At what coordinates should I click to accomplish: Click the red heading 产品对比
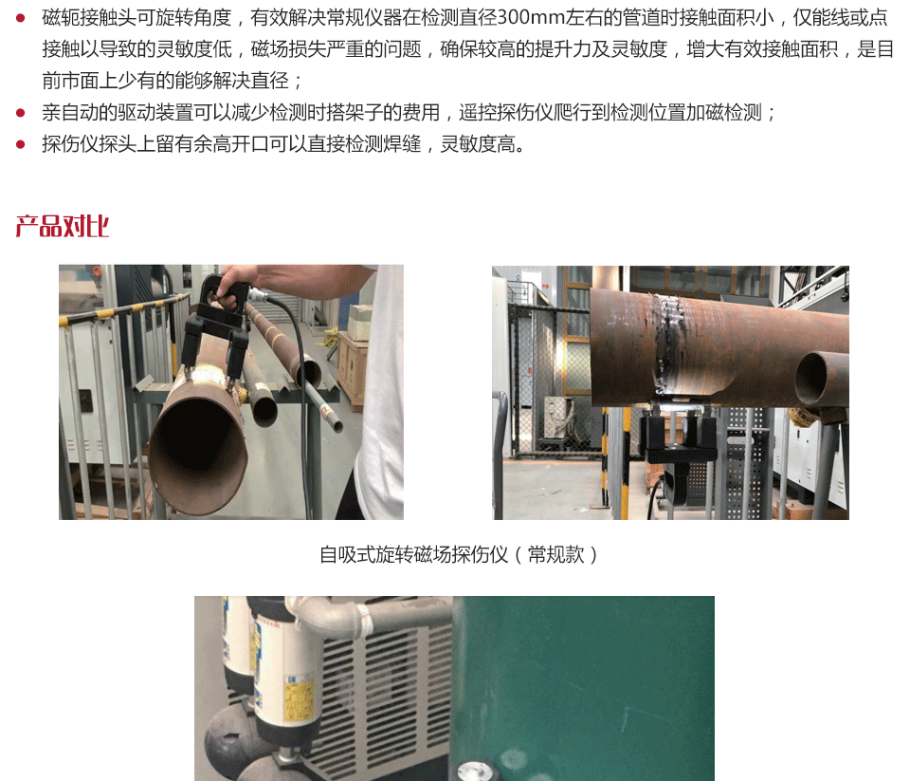63,226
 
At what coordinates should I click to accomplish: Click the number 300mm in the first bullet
531,17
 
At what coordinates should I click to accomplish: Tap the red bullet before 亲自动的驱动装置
20,113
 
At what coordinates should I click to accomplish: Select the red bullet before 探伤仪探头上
20,144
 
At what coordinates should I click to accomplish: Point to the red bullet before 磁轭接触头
20,18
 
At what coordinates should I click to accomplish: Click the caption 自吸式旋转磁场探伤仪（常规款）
459,554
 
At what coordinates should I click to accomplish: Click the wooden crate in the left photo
353,367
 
